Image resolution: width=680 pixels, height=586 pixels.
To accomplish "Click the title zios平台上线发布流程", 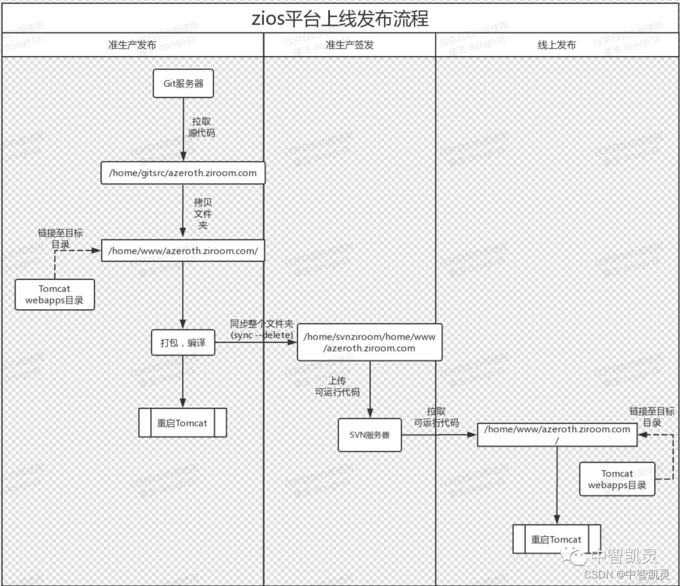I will point(340,18).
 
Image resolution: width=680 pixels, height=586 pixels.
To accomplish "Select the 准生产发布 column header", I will point(132,45).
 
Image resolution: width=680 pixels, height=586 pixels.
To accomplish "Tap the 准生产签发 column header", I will point(349,45).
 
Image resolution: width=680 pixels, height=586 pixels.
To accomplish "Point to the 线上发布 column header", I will point(557,45).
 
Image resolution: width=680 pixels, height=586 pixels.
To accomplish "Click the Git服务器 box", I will point(183,84).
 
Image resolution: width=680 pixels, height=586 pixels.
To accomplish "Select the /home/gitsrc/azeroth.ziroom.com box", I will point(183,172).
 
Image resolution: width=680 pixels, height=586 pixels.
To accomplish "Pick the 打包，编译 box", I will point(183,343).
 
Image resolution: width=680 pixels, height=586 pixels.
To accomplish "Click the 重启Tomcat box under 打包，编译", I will point(183,423).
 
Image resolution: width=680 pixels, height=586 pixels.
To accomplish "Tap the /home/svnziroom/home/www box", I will point(370,342).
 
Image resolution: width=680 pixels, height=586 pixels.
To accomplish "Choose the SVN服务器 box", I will point(370,435).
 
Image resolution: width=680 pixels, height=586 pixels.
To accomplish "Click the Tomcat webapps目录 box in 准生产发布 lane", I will point(55,295).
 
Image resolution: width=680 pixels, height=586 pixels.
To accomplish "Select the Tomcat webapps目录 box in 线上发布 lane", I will point(617,480).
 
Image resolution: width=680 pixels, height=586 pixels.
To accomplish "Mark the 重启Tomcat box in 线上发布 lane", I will point(557,539).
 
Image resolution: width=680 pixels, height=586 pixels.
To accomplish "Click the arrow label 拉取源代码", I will point(201,127).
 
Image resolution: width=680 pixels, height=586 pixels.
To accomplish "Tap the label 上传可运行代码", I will point(337,386).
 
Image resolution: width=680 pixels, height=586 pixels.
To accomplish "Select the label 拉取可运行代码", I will point(436,417).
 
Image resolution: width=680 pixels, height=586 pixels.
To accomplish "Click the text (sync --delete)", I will point(262,335).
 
